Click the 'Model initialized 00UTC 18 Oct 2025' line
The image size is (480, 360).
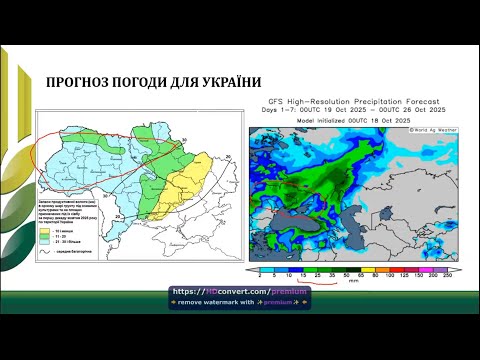pos(334,120)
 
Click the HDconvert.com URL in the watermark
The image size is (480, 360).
pos(240,291)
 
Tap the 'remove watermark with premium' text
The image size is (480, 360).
pos(239,301)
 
